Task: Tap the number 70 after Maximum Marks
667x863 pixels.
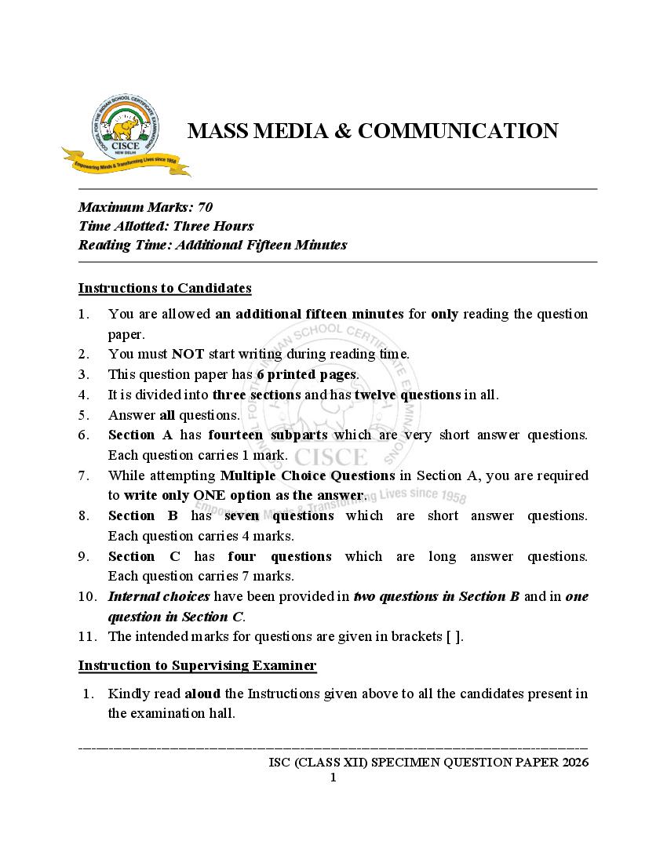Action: point(205,207)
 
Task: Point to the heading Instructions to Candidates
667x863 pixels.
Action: point(165,288)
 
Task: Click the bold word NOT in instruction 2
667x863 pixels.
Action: point(188,354)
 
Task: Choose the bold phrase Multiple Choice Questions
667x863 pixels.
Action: point(308,475)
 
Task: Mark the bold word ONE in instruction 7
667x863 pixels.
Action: point(209,495)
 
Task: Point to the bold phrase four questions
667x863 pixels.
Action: point(279,556)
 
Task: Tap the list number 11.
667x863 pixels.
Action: point(86,636)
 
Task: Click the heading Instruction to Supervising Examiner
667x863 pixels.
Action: point(197,666)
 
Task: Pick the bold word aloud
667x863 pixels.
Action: point(202,694)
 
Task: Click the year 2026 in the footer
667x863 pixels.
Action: point(574,762)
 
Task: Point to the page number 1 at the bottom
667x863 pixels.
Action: point(333,777)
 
